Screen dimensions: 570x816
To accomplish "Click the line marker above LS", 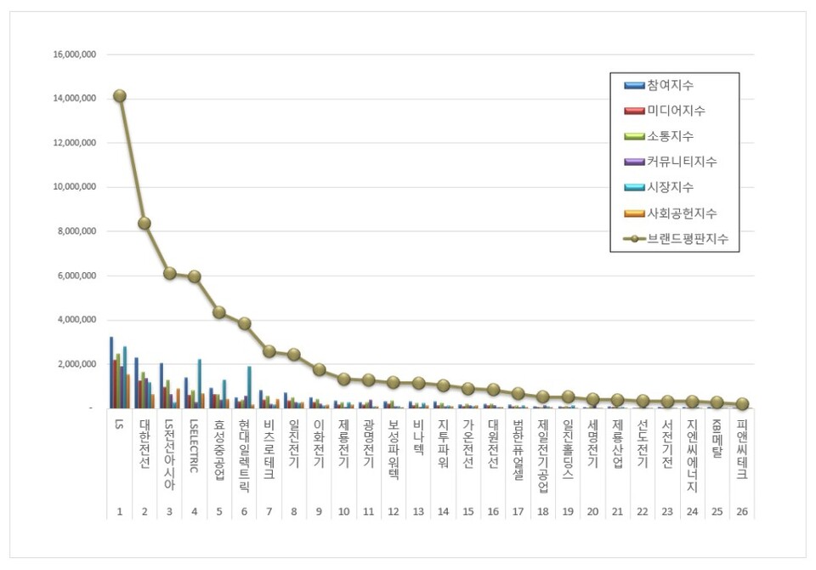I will (120, 96).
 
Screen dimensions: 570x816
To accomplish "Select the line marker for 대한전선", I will (144, 223).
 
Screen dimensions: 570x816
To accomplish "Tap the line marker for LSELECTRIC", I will (195, 276).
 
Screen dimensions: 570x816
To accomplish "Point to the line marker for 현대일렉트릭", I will (244, 323).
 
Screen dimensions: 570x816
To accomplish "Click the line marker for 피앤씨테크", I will (742, 403).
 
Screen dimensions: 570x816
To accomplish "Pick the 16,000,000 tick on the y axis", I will (74, 54).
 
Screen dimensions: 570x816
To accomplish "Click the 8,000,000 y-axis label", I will (74, 231).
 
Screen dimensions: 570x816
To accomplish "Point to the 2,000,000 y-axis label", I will (74, 364).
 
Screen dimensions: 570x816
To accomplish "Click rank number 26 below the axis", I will (742, 511).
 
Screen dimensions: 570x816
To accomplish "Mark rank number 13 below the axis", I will (418, 511).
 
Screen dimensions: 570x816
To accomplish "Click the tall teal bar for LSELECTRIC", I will (199, 384).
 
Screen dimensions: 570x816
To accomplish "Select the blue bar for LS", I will (111, 373).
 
